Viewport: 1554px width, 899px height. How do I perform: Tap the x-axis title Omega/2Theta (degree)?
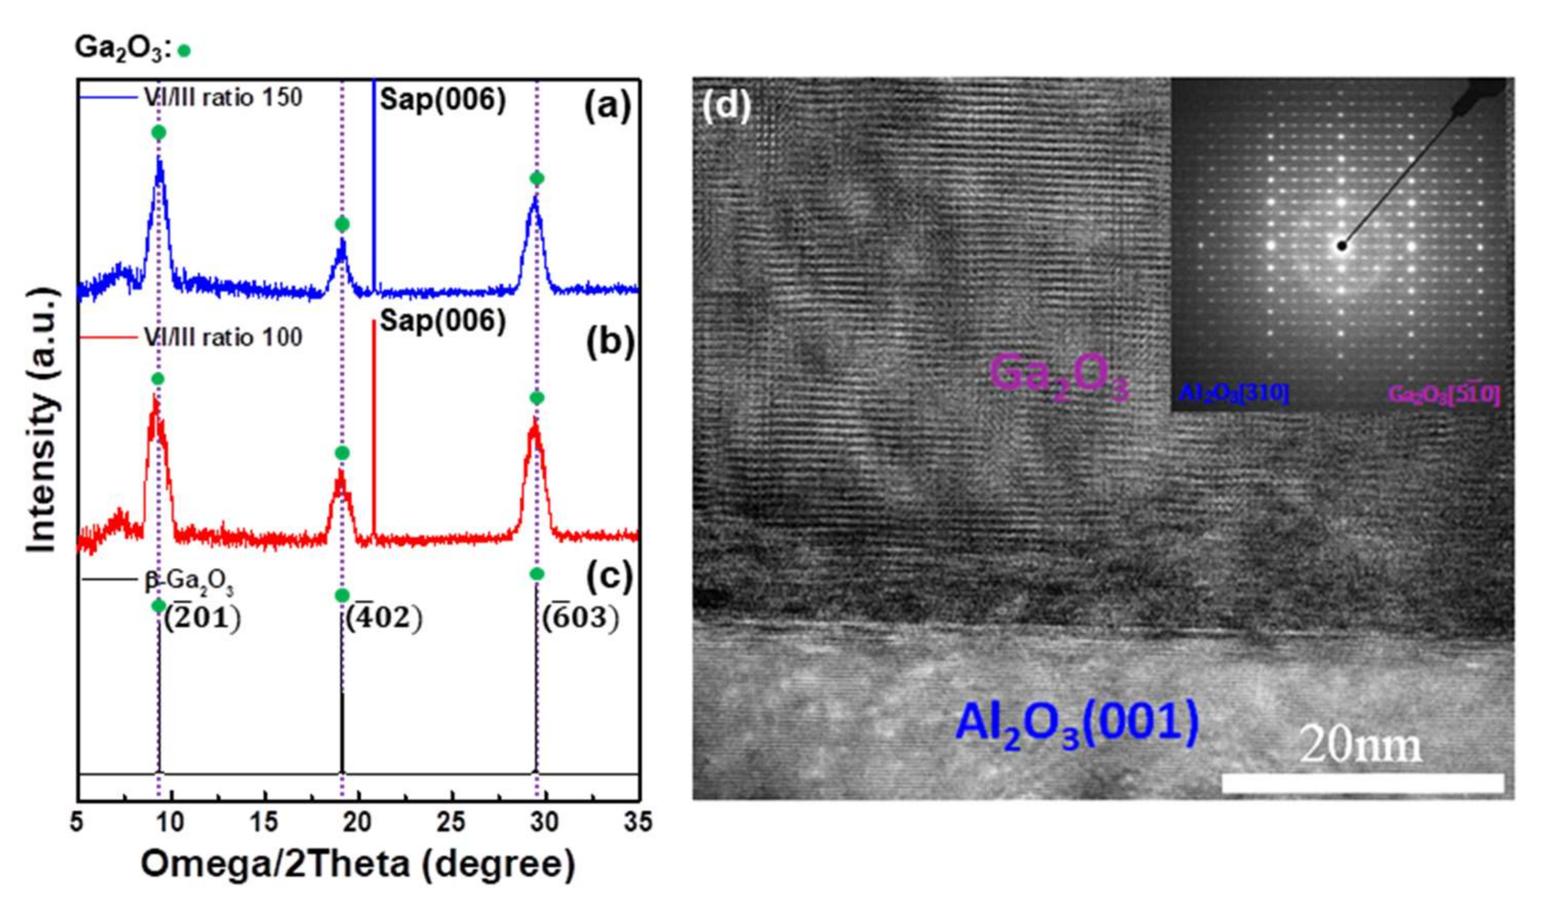click(358, 865)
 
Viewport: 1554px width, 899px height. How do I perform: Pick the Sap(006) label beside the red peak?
click(442, 321)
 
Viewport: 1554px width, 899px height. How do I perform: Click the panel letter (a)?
click(608, 106)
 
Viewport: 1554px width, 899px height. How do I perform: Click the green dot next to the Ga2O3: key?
click(184, 51)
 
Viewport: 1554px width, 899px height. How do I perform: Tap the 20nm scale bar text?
click(1360, 746)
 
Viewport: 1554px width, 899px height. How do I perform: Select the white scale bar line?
click(1362, 784)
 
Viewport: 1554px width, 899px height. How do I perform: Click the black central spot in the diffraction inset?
click(1341, 246)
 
